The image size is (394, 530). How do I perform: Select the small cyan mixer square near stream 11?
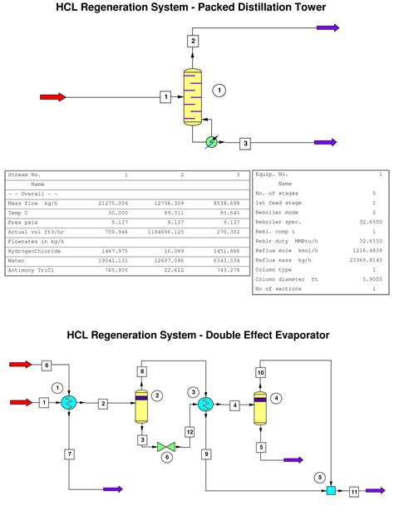[330, 491]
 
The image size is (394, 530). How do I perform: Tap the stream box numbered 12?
[190, 432]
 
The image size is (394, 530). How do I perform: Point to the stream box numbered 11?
[355, 492]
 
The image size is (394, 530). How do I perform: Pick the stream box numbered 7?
[69, 454]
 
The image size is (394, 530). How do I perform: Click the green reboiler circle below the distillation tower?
[211, 142]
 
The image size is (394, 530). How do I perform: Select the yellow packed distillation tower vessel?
[192, 97]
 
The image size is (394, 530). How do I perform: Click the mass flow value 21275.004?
[113, 203]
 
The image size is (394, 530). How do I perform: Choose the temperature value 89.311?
[170, 212]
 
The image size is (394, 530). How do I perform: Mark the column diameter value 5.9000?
[369, 280]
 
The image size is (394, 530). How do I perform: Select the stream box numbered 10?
[260, 373]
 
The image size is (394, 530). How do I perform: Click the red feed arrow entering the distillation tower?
[52, 97]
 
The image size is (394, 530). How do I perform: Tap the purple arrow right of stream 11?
[376, 491]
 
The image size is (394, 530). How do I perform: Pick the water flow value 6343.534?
[224, 260]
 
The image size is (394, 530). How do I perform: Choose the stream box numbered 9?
[205, 454]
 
